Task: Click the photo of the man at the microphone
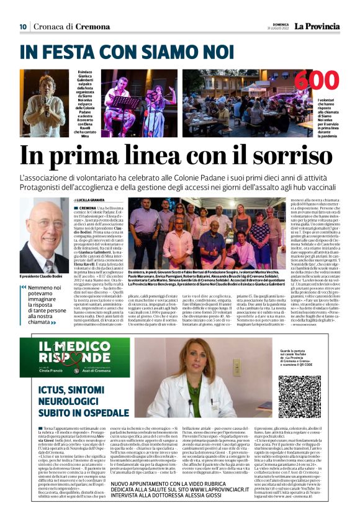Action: point(43,102)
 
